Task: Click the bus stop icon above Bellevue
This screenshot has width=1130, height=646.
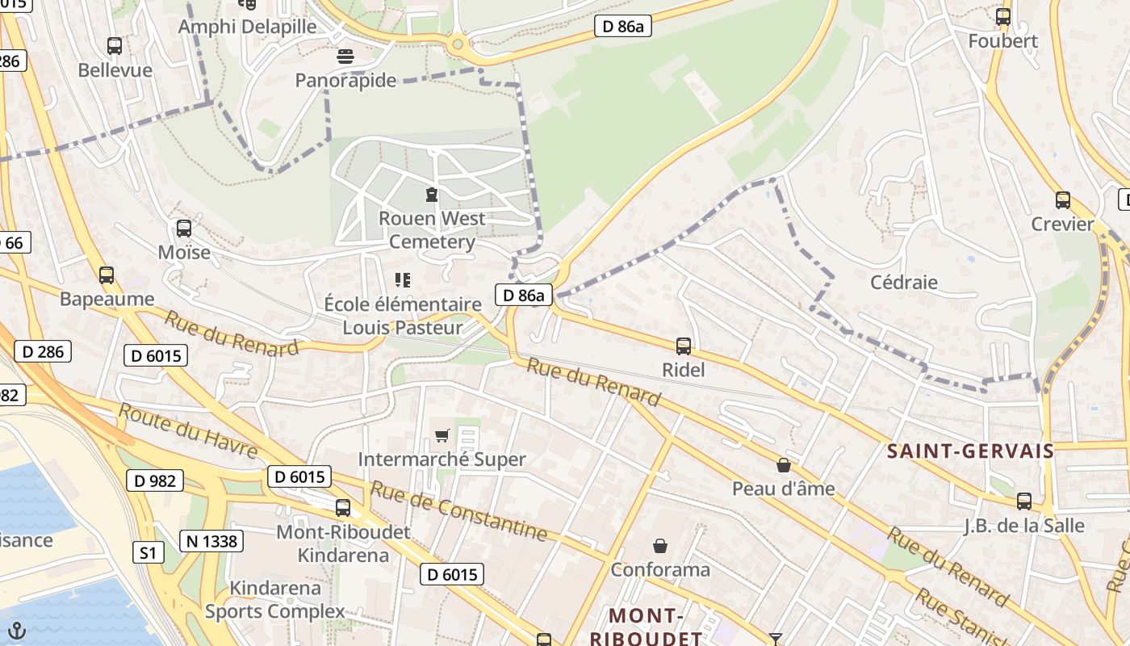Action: coord(115,46)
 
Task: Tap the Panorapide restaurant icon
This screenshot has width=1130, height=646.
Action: coord(345,57)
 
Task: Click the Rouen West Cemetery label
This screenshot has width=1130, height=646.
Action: coord(432,230)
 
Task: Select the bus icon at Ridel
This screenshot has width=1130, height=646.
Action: coord(684,346)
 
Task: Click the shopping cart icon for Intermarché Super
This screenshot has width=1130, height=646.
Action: coord(442,436)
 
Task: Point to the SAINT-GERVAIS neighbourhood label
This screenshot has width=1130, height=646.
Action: coord(970,451)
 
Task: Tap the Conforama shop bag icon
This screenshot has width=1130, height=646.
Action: coord(660,546)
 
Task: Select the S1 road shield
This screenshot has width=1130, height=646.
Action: coord(147,553)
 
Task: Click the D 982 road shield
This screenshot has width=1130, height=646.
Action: coord(155,480)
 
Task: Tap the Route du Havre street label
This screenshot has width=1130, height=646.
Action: coord(187,430)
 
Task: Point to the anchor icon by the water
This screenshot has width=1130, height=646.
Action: coord(16,631)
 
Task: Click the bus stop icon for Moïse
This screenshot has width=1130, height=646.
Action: coord(184,229)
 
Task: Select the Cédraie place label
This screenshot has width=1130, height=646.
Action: coord(904,282)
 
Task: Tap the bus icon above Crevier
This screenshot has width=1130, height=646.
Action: coord(1063,200)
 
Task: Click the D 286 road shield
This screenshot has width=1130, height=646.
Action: coord(43,351)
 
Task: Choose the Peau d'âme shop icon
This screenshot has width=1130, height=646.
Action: coord(783,465)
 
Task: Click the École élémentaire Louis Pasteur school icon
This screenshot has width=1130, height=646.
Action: coord(403,280)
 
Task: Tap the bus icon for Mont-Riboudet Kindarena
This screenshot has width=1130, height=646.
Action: coord(343,508)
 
